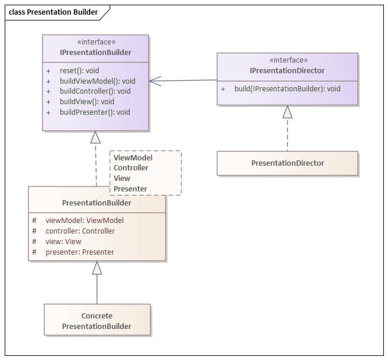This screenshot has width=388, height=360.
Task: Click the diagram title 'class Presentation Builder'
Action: (53, 12)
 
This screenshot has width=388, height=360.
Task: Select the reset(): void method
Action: (79, 70)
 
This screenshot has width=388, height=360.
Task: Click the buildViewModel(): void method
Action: (97, 81)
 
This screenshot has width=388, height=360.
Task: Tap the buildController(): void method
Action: (95, 91)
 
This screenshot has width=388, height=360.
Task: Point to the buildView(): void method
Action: (87, 101)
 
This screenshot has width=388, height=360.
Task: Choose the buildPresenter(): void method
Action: (94, 112)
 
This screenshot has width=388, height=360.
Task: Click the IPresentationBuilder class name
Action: (96, 53)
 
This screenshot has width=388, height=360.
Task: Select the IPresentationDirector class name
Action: (287, 71)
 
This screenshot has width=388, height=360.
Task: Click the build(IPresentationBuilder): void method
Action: (287, 89)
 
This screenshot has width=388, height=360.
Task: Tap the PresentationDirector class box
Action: (287, 163)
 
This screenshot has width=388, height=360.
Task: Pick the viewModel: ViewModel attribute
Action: (84, 221)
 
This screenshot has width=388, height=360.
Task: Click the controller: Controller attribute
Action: (80, 231)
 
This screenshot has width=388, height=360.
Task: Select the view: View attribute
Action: (63, 242)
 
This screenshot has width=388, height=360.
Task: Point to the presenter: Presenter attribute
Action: (80, 252)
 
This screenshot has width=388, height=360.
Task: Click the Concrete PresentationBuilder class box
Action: (97, 321)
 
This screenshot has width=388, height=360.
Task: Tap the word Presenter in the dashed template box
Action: (130, 188)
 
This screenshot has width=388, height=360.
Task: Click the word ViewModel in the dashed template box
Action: (133, 157)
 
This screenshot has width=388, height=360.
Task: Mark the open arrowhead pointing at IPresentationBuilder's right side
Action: (155, 81)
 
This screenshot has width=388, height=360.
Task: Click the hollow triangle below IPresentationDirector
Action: (287, 112)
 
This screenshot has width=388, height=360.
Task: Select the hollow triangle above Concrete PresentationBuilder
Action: (97, 268)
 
